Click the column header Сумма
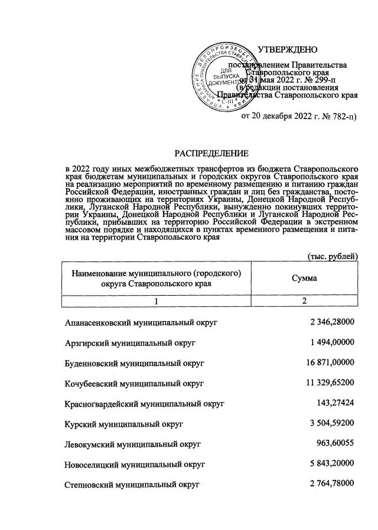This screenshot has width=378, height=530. (x=307, y=277)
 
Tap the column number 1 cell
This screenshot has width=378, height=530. (x=158, y=301)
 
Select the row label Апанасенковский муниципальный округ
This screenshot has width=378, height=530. (x=142, y=322)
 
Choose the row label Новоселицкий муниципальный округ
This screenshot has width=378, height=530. (x=135, y=464)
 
